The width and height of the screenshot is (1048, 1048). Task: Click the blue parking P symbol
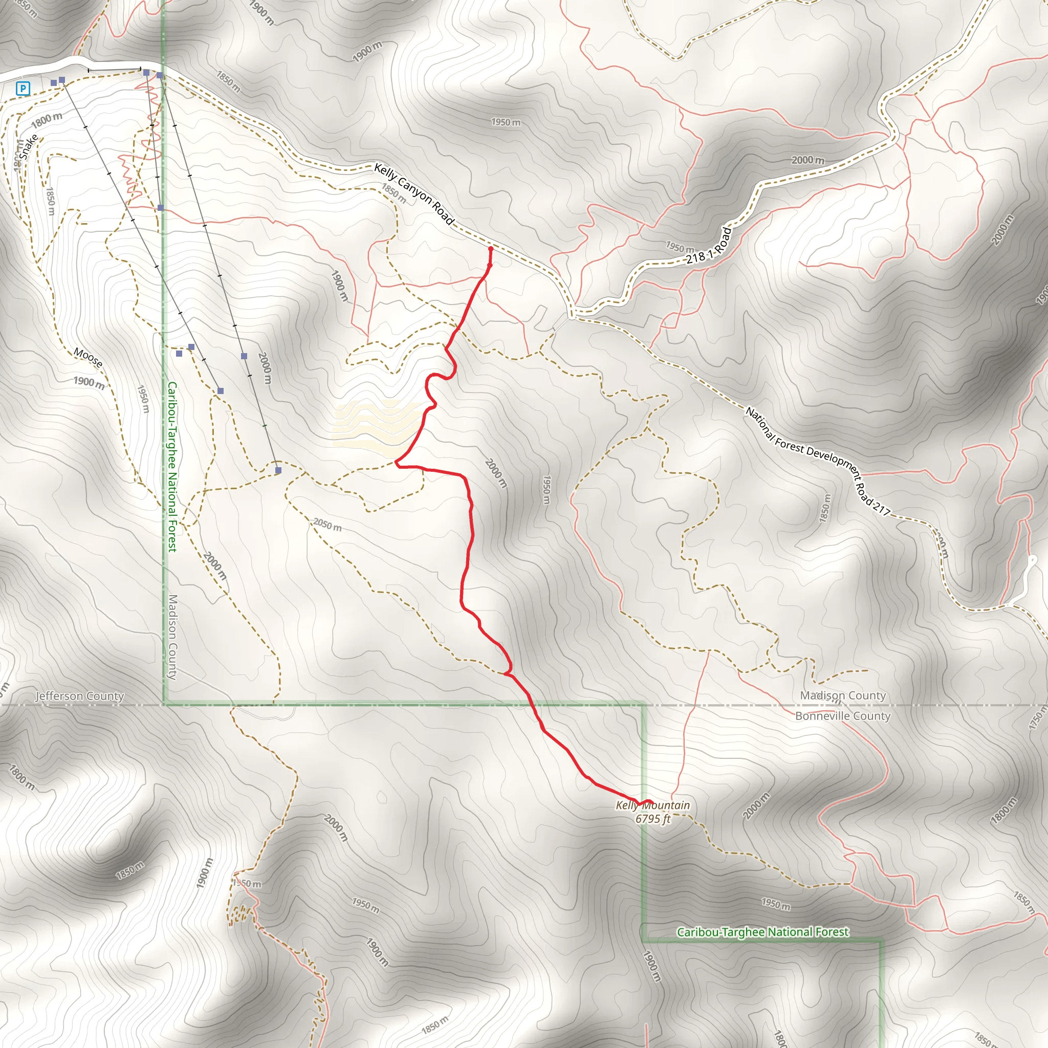[23, 89]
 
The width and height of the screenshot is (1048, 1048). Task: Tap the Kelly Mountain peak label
[652, 805]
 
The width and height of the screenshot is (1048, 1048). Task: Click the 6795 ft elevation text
[653, 819]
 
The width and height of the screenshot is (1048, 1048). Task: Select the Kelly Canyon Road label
[414, 194]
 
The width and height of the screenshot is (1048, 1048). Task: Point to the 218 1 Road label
[709, 246]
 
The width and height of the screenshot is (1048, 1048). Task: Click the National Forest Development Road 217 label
[818, 461]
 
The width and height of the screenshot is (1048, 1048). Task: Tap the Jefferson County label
[80, 696]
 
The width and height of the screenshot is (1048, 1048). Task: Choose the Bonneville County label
[842, 716]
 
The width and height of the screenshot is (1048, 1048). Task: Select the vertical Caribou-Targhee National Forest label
[172, 467]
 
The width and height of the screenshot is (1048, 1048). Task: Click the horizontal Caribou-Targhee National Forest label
[762, 932]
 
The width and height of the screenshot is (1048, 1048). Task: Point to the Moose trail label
[88, 358]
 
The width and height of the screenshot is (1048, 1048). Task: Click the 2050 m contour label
[327, 525]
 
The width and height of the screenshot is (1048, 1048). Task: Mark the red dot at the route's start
[491, 249]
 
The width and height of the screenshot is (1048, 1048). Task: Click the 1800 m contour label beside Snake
[47, 120]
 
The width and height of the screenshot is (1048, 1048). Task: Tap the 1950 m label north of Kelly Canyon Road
[506, 122]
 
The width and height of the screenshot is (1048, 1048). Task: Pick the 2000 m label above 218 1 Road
[807, 160]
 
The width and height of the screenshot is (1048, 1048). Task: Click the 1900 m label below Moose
[89, 383]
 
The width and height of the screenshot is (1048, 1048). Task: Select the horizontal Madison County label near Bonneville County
[842, 695]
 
